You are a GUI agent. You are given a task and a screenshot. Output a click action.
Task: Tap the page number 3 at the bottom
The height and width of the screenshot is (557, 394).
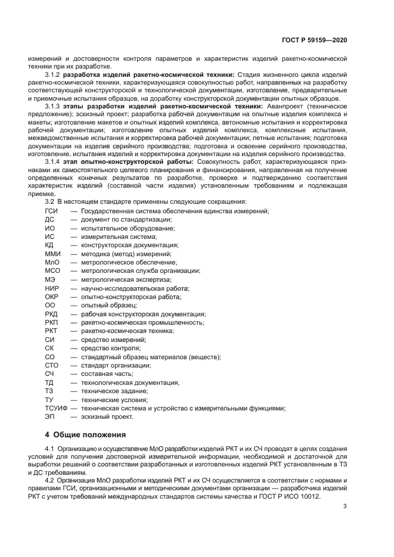pos(345,506)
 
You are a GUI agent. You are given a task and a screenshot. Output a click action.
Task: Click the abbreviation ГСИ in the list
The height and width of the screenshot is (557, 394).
pos(52,211)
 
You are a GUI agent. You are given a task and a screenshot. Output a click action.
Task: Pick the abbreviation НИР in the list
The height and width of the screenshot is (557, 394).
pos(52,288)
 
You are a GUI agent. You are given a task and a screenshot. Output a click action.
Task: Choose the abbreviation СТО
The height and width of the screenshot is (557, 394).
pos(52,365)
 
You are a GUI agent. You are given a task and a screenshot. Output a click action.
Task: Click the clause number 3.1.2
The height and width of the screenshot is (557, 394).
pos(53,74)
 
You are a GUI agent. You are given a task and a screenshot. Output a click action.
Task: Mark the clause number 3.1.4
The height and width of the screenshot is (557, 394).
pos(53,161)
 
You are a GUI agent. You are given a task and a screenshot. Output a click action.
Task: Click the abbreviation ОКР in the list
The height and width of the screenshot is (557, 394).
pos(52,297)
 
